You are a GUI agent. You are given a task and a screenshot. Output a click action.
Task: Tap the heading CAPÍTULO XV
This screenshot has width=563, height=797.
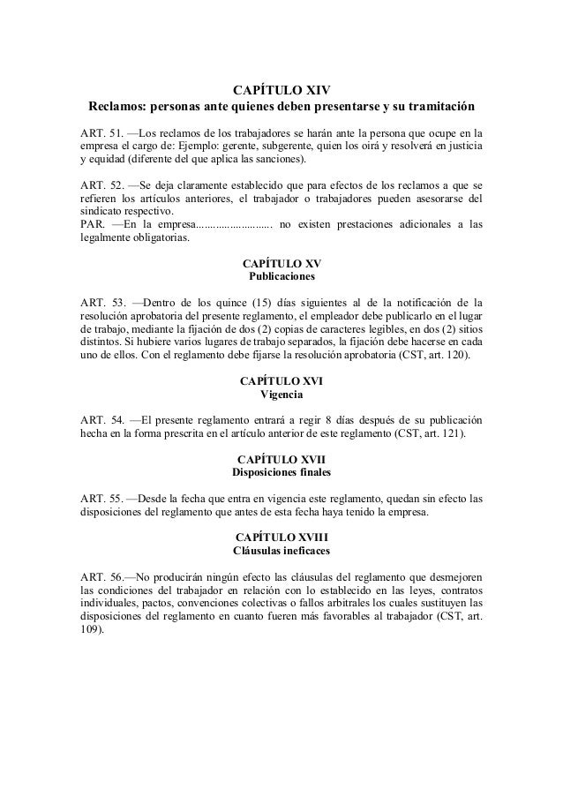click(x=281, y=264)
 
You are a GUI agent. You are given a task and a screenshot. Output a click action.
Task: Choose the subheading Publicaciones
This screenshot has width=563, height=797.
click(x=281, y=277)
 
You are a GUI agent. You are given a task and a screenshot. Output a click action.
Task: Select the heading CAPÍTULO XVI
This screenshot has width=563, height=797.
click(x=281, y=381)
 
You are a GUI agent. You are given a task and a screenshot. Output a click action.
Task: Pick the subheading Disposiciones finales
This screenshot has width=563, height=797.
click(x=281, y=472)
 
